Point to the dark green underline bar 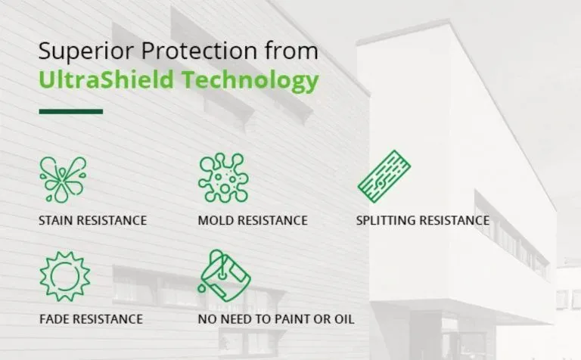click(x=70, y=111)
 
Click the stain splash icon click(x=63, y=179)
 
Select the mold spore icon click(x=222, y=178)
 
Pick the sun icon click(x=64, y=275)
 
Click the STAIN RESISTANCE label click(x=92, y=221)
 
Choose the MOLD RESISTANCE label click(x=253, y=221)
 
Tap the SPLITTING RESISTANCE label click(x=423, y=221)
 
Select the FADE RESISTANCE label click(x=91, y=318)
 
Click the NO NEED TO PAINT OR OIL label click(x=276, y=318)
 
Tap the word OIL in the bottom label click(x=343, y=318)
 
